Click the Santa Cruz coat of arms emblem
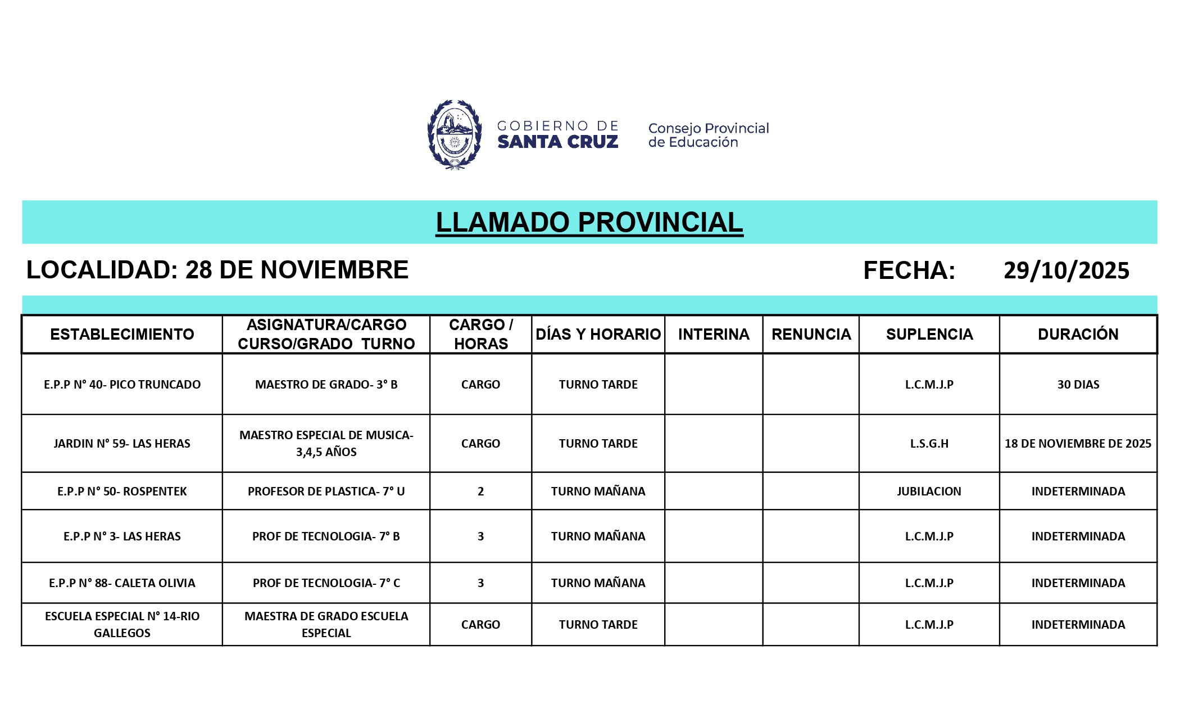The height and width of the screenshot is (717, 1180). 454,135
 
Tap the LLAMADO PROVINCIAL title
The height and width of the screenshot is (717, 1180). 589,222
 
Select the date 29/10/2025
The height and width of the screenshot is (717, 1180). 1066,270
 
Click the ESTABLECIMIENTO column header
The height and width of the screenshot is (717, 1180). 122,335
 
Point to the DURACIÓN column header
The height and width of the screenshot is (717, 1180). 1078,335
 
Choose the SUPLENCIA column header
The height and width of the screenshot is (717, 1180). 929,335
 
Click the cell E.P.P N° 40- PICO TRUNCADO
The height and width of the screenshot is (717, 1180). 122,385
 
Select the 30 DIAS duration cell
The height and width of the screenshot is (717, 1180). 1078,385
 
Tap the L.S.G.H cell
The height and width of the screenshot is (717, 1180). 929,444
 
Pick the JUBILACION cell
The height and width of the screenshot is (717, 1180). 929,491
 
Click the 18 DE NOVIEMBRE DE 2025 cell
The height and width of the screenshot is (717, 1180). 1078,444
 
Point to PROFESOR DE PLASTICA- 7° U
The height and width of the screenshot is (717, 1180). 326,491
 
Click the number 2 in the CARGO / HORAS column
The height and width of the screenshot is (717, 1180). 480,491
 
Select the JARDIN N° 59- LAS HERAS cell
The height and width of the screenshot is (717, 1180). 122,444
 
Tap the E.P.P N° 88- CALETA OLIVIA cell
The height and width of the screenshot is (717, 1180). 122,583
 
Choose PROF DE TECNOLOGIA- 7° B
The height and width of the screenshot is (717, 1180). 326,536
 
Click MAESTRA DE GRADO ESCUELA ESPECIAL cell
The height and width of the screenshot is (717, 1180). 326,625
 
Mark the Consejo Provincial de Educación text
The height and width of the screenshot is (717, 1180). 708,135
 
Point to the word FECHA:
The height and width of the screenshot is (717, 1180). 909,270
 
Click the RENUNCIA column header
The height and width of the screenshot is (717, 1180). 811,335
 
